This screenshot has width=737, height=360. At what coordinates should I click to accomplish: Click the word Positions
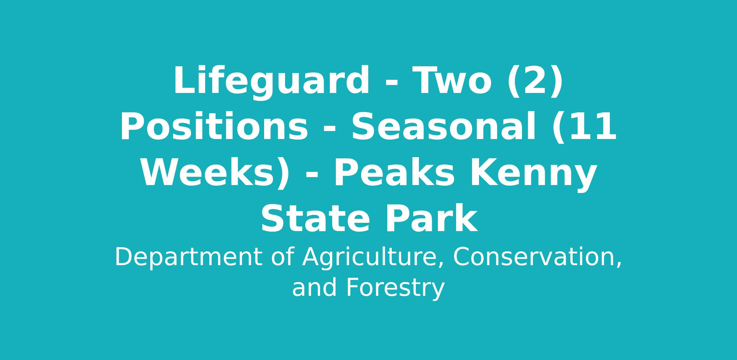214,126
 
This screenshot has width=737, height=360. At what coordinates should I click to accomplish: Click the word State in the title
315,219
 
